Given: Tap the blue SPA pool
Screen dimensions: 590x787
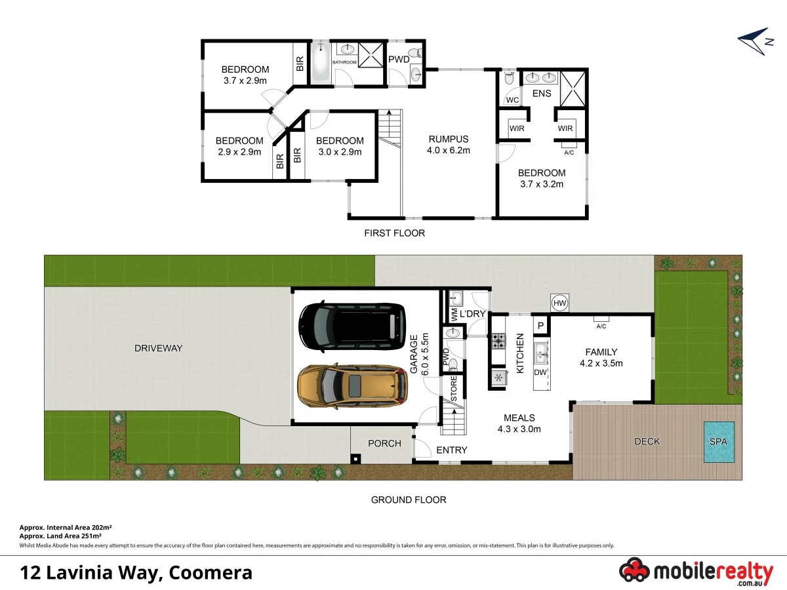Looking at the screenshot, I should (719, 442).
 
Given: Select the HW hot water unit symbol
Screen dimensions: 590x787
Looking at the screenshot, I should (559, 303).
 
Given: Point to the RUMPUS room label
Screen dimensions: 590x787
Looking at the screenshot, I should (448, 139).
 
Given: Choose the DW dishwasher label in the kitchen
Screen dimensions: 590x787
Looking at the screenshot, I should (540, 372).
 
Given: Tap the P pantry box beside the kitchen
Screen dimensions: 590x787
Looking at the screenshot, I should (541, 326).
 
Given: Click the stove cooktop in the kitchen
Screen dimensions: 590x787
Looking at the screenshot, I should (499, 340).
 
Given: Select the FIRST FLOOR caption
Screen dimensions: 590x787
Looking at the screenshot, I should (395, 233).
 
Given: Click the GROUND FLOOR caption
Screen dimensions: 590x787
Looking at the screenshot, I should (409, 500).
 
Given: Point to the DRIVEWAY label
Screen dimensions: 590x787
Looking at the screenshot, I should (158, 348).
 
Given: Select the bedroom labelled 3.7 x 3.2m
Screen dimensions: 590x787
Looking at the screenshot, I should (541, 178).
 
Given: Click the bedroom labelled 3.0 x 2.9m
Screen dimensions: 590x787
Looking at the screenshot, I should (339, 146).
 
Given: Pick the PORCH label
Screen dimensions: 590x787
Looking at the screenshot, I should (384, 444).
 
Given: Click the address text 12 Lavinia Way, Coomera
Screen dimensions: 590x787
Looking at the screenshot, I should (136, 572).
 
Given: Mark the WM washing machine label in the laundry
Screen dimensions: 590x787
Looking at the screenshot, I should (453, 315).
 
